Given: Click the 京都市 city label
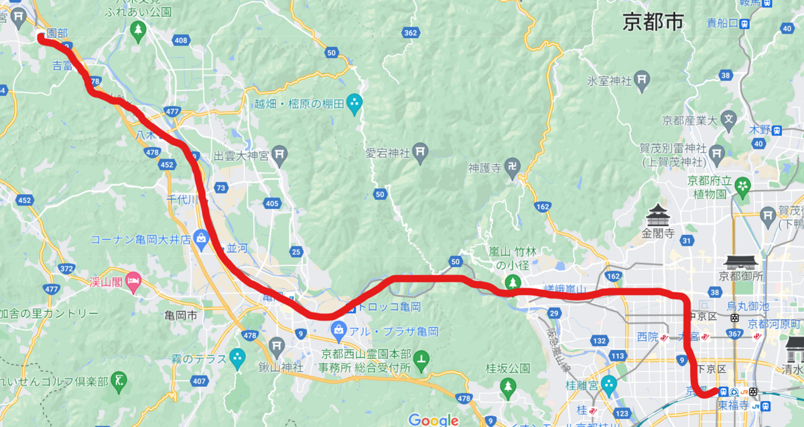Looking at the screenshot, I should (653, 23).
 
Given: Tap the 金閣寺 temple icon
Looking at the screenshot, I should (657, 216).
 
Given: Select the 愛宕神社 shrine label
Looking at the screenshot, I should (387, 152).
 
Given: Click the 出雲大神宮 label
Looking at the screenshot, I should (241, 156).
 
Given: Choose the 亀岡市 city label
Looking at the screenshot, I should (182, 313).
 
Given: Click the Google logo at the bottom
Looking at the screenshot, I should (433, 420).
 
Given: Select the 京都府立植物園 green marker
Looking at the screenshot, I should (742, 185).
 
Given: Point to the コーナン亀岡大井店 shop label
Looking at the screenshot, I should (137, 239).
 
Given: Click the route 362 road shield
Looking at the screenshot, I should (411, 33).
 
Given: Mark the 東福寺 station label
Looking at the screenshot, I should (734, 405).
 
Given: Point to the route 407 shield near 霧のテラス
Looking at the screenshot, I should (199, 381).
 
